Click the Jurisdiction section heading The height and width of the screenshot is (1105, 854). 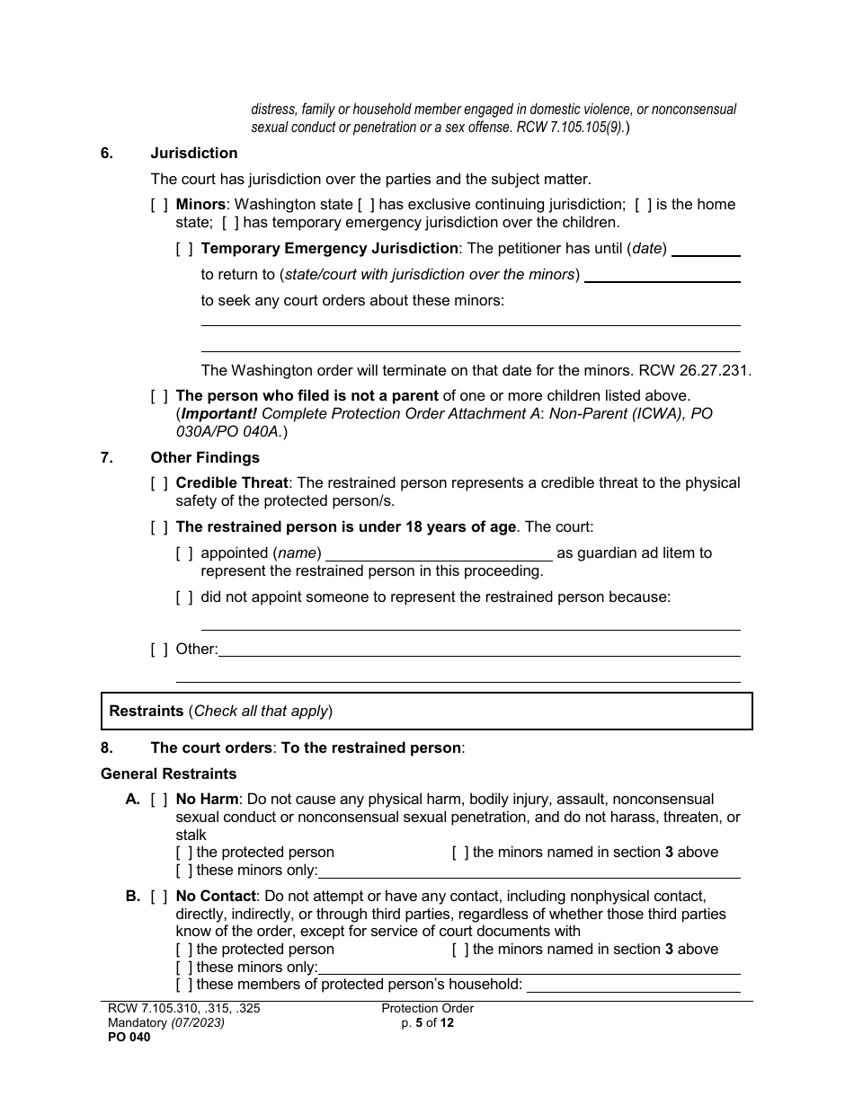pyautogui.click(x=193, y=153)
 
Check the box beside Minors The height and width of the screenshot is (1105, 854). pyautogui.click(x=159, y=205)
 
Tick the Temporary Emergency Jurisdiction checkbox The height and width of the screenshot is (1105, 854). pyautogui.click(x=184, y=249)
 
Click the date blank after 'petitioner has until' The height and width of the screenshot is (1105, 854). pyautogui.click(x=706, y=250)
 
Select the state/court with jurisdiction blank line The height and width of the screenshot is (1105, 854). pyautogui.click(x=662, y=275)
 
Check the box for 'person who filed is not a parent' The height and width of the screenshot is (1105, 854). pyautogui.click(x=159, y=395)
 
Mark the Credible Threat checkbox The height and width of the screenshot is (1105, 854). pyautogui.click(x=159, y=483)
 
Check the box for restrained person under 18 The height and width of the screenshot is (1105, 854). pyautogui.click(x=159, y=527)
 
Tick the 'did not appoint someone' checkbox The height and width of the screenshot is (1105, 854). pyautogui.click(x=184, y=597)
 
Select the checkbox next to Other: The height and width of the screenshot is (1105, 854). pyautogui.click(x=159, y=650)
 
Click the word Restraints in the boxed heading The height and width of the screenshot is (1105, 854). pyautogui.click(x=147, y=711)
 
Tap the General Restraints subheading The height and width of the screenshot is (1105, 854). pyautogui.click(x=168, y=773)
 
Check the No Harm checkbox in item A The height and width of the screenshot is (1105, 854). pyautogui.click(x=159, y=800)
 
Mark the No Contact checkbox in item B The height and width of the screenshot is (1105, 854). pyautogui.click(x=159, y=897)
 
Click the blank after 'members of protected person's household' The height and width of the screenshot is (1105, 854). pyautogui.click(x=633, y=985)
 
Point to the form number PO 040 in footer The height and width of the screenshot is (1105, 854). pyautogui.click(x=125, y=1037)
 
